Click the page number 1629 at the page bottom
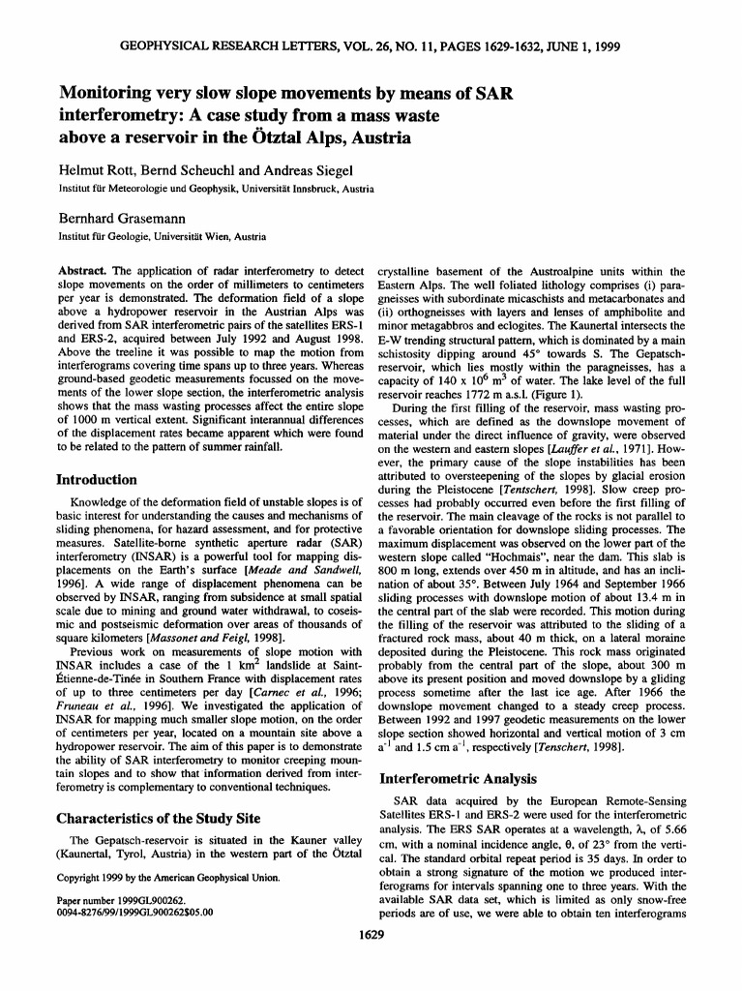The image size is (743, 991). [371, 963]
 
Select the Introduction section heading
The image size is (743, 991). [97, 479]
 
